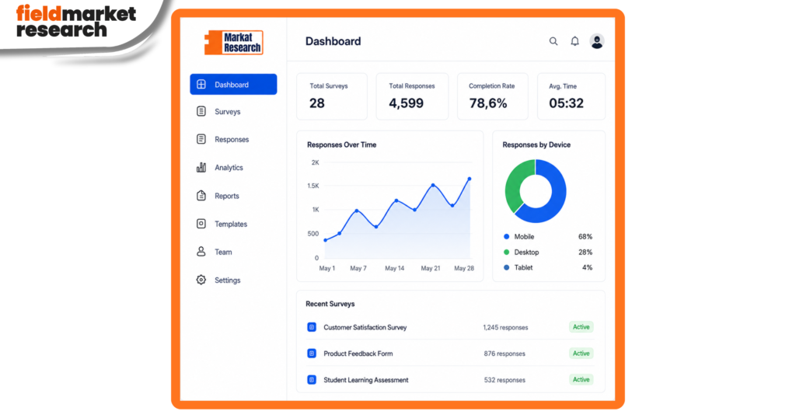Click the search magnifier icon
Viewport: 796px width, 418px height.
(553, 42)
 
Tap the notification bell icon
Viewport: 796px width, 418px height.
(574, 41)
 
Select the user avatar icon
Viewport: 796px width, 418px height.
(597, 41)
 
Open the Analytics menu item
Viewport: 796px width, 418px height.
(229, 167)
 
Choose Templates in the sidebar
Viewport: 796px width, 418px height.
(230, 224)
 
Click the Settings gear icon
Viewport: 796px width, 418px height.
(201, 280)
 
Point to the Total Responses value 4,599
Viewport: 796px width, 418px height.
(406, 103)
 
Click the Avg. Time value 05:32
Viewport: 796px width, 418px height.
(566, 103)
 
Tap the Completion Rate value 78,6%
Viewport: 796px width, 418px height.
(488, 103)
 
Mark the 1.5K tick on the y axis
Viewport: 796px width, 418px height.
(313, 186)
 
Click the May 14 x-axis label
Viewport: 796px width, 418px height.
(394, 268)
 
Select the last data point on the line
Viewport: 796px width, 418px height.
(469, 179)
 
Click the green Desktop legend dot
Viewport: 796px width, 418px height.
(506, 252)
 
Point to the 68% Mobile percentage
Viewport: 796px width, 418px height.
(585, 236)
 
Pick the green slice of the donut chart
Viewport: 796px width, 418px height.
(514, 185)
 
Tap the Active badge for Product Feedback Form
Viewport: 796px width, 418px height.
(581, 353)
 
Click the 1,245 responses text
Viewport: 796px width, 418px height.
(505, 327)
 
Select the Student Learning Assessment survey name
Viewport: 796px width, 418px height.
(366, 379)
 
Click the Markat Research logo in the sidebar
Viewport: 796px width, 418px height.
(233, 43)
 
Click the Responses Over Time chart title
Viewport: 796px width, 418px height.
(342, 145)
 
